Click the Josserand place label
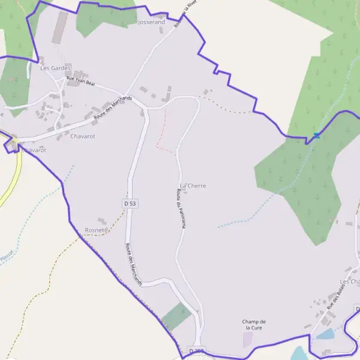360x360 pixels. (x=151, y=22)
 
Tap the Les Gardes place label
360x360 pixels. (x=55, y=68)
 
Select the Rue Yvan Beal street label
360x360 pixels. (x=80, y=81)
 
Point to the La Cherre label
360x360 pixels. (x=193, y=186)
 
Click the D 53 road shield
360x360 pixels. (x=130, y=204)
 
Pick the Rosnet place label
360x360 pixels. (x=95, y=230)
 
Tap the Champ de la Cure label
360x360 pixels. (x=255, y=325)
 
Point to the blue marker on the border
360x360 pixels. (x=316, y=136)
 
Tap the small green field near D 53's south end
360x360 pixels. (x=176, y=317)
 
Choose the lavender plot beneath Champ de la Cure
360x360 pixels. (x=248, y=340)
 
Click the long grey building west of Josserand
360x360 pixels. (x=60, y=27)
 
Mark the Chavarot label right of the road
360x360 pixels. (x=83, y=137)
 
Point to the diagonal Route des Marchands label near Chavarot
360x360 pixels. (x=113, y=108)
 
